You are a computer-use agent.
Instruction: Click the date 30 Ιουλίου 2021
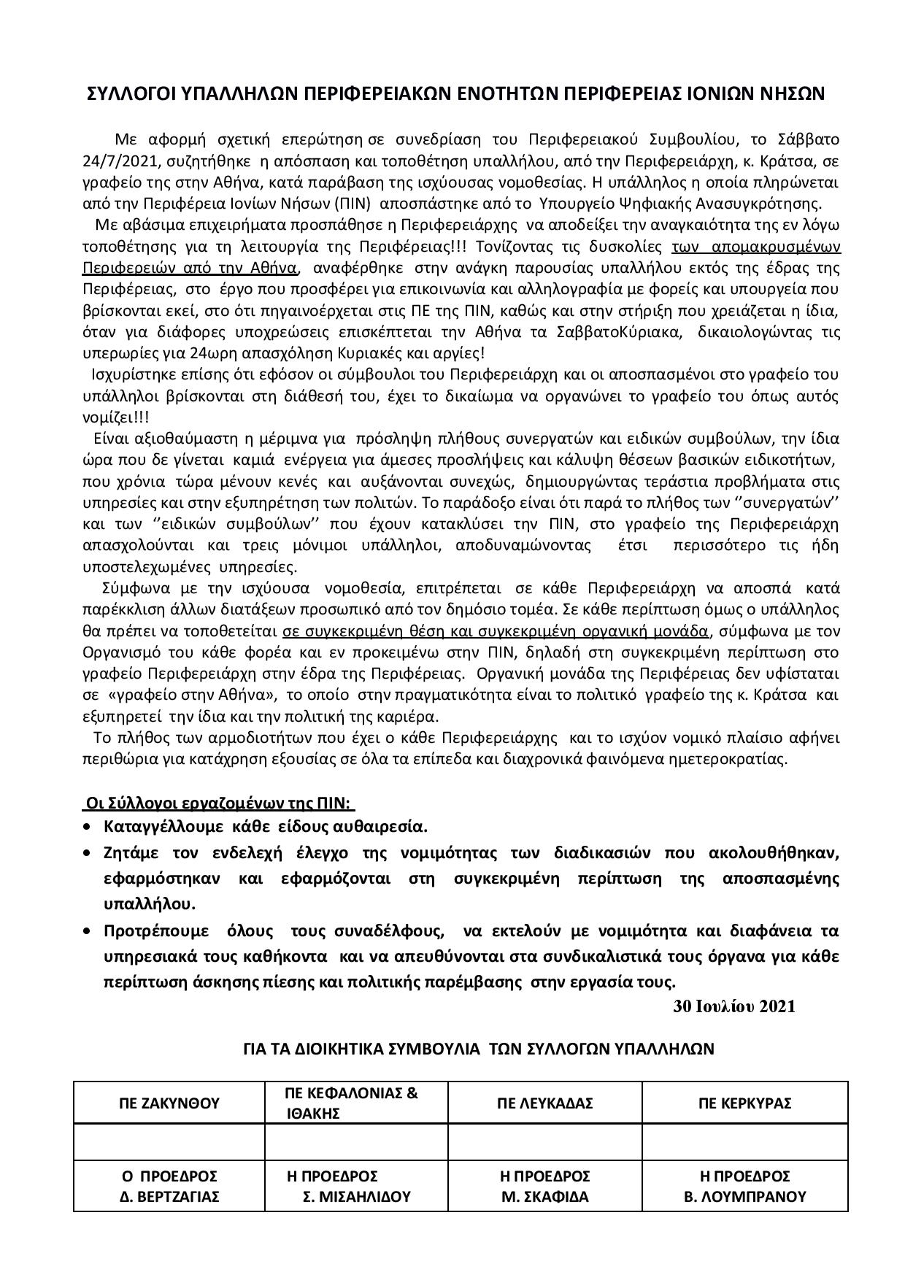[x=733, y=1006]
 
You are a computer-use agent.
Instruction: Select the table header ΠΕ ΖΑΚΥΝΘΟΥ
[x=169, y=1103]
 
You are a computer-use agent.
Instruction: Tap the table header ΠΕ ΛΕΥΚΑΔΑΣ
[x=544, y=1103]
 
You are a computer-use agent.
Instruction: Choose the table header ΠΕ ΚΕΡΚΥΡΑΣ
[x=744, y=1103]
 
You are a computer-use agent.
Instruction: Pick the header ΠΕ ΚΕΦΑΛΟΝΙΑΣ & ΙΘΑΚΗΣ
[x=351, y=1103]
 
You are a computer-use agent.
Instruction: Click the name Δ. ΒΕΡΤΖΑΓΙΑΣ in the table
[x=169, y=1197]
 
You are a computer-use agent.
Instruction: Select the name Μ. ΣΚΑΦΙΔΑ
[x=544, y=1197]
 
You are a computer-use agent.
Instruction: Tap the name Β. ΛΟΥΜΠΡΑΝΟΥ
[x=744, y=1197]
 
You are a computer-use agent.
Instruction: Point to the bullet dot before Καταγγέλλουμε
[x=88, y=828]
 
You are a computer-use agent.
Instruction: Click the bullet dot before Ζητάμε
[x=88, y=853]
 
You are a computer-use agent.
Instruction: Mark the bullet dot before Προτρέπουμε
[x=88, y=931]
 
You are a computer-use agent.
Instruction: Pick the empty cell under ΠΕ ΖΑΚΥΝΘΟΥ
[x=169, y=1142]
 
